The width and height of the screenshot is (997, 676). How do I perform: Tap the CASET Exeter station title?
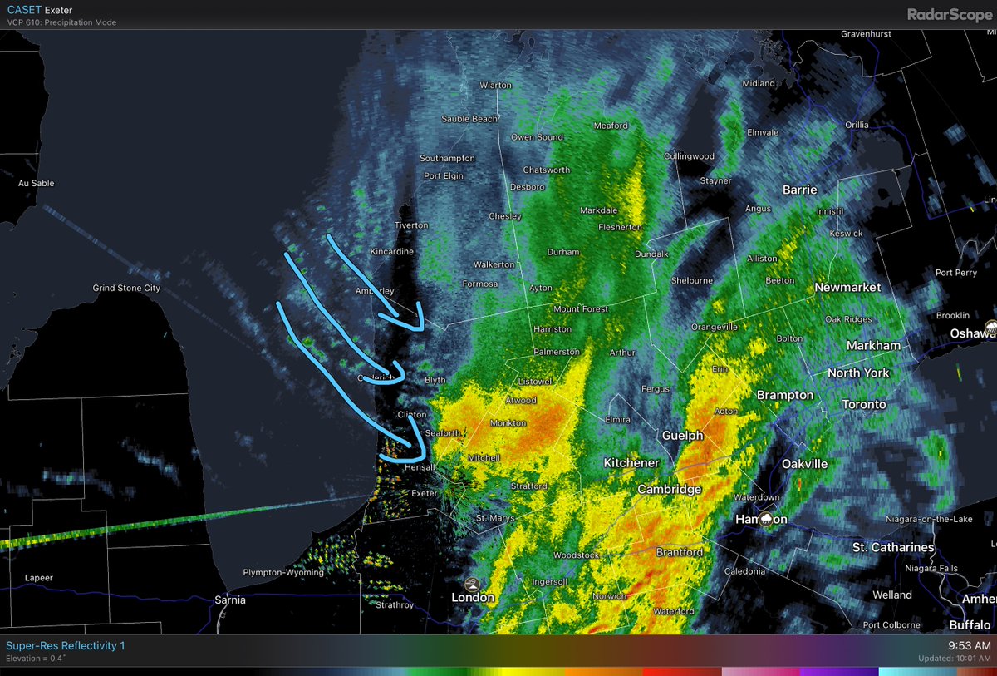39,10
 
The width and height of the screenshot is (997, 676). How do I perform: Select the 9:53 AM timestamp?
970,645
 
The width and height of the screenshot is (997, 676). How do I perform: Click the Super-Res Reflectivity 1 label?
66,645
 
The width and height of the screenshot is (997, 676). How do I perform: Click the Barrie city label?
799,190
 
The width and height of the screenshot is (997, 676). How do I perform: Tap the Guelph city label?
682,436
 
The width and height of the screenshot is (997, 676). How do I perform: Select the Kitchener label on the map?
631,463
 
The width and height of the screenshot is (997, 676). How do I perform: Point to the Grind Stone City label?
126,289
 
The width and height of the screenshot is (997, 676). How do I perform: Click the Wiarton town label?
496,85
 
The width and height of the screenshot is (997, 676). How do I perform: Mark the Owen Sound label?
536,137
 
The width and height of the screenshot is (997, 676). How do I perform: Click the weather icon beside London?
472,584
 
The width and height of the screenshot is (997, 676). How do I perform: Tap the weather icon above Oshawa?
990,325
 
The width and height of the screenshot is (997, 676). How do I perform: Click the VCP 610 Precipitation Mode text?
61,22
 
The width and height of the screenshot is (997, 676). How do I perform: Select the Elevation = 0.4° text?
36,659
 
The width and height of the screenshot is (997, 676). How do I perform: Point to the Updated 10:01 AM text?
954,659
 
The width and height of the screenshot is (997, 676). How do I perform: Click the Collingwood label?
689,156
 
